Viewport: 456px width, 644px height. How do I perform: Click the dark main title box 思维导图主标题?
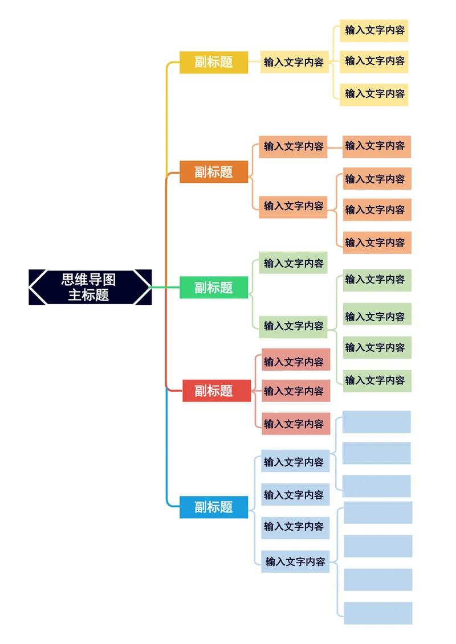(89, 287)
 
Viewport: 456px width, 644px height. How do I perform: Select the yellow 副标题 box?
(214, 62)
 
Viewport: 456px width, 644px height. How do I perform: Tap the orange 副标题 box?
(214, 172)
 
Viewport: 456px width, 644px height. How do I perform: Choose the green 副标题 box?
(214, 288)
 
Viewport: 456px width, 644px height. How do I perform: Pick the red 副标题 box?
(216, 391)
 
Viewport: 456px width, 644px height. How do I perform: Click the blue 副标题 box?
(214, 507)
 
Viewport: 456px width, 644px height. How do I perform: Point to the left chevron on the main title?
(38, 287)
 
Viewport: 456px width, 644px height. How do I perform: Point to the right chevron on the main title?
(143, 287)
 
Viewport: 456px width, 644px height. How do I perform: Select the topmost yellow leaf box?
(374, 30)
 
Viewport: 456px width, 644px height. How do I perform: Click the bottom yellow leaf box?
(374, 94)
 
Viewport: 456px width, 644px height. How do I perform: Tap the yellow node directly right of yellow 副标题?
(294, 62)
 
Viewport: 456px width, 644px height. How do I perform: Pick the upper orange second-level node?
(293, 146)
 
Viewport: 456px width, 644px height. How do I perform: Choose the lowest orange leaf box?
(376, 243)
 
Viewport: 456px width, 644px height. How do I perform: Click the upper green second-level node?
(293, 263)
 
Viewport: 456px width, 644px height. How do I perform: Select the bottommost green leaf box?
(376, 380)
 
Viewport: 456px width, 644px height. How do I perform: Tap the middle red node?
(296, 391)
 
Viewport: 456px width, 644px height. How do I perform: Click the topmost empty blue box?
(376, 422)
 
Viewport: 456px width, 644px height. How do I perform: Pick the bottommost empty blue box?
(377, 613)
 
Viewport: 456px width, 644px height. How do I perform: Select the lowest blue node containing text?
(295, 561)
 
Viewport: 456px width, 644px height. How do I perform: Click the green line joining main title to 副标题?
(166, 288)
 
